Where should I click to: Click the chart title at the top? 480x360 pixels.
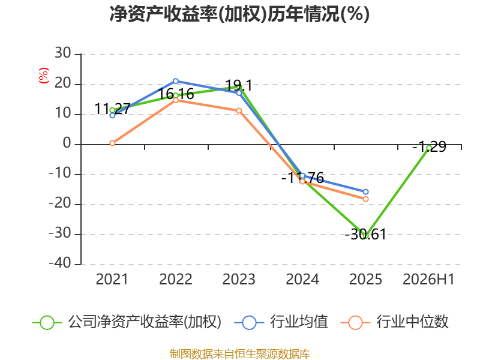[239, 14]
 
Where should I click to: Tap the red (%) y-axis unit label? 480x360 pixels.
[43, 76]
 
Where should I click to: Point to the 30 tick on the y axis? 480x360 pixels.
[63, 53]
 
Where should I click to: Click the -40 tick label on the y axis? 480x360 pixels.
[60, 263]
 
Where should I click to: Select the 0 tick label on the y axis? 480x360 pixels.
[67, 143]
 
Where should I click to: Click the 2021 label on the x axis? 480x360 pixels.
[112, 280]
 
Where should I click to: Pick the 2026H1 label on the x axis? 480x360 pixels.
[428, 280]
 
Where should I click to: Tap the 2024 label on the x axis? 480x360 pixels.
[302, 280]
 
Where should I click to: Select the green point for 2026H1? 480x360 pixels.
[429, 148]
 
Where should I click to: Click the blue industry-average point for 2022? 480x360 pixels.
[176, 81]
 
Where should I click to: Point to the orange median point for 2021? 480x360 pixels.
[112, 143]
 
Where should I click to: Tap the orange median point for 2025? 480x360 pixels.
[365, 199]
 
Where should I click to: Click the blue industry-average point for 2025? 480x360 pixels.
[365, 192]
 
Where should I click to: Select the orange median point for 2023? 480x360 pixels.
[239, 110]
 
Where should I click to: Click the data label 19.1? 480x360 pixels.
[239, 85]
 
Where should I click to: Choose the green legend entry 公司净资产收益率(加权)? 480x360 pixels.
[127, 322]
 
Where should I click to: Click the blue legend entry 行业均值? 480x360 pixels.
[281, 322]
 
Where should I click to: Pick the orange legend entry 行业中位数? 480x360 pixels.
[394, 322]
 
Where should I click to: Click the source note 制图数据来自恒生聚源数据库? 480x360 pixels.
[239, 354]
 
